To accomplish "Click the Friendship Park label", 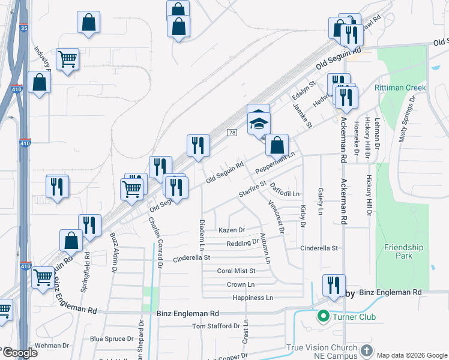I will click(403, 251).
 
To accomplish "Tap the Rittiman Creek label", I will click(400, 88).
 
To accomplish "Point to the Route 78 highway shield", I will click(231, 133).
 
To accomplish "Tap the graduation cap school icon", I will click(259, 124).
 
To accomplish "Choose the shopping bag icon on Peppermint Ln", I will click(277, 145).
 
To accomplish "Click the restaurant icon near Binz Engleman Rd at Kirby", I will click(333, 285).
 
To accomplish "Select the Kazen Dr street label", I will click(232, 230).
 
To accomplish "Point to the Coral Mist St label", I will click(236, 271).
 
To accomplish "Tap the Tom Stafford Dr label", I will click(216, 326).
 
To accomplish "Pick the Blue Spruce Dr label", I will click(112, 339).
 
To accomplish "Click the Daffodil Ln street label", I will click(285, 190).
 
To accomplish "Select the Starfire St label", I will click(252, 189).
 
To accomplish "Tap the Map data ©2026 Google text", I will click(411, 355).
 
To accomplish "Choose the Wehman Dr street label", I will click(52, 346).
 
